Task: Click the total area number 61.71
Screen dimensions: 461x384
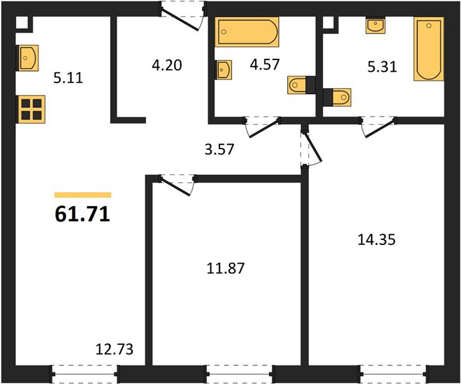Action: point(82,214)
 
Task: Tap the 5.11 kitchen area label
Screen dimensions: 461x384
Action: point(68,78)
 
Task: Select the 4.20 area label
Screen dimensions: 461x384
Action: point(167,65)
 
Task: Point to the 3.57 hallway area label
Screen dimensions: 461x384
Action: point(219,149)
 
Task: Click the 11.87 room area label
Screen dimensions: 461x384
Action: point(226,268)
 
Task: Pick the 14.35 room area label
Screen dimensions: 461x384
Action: point(377,239)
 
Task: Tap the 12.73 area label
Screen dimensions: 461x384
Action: point(114,349)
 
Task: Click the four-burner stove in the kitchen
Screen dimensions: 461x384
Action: point(31,109)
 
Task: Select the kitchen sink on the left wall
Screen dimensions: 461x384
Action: point(29,58)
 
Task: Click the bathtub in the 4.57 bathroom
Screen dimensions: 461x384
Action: point(247,32)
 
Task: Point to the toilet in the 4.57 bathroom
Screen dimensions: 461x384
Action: point(301,85)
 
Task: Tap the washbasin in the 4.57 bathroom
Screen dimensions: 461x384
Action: point(224,70)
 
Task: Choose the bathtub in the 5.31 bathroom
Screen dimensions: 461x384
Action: point(428,49)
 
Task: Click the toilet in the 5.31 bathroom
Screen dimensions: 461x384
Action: point(337,97)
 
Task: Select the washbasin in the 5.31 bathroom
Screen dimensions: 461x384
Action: point(375,26)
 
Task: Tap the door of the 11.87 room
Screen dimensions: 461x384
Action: point(177,185)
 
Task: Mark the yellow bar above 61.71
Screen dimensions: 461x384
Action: point(83,195)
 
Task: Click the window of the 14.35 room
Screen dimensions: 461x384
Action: point(394,374)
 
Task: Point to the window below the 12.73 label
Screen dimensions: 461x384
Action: point(84,374)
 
